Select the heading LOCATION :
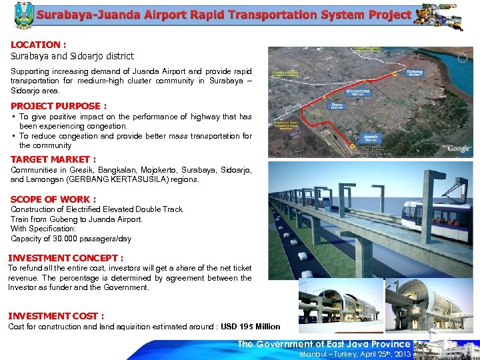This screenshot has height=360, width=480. pos(38,45)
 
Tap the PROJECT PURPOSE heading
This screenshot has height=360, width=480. pos(59,106)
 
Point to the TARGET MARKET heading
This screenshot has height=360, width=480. pos(53,159)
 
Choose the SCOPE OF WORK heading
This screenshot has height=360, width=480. pos(53,199)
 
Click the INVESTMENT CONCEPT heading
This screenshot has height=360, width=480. pos(65,258)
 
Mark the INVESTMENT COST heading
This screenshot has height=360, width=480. pos(56,316)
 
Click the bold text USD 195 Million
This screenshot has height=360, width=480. pos(251,327)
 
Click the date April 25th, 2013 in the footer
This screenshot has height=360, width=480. pos(379,354)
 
